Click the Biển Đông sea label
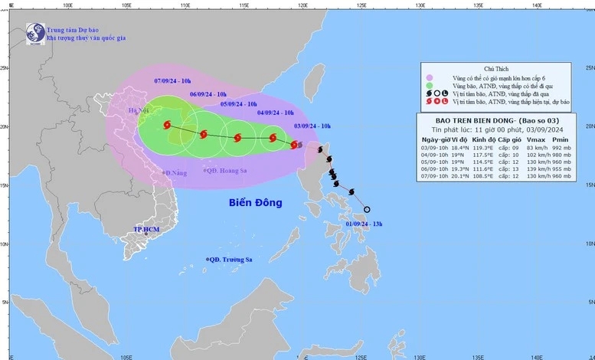[x=255, y=203]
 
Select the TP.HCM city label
[x=146, y=230]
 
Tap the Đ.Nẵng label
[x=175, y=174]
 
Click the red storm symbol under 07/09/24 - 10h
[x=167, y=126]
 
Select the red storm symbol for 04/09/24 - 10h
[x=273, y=139]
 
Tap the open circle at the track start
[x=367, y=210]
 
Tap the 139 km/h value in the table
[x=538, y=169]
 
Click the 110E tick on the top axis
[x=185, y=5]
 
